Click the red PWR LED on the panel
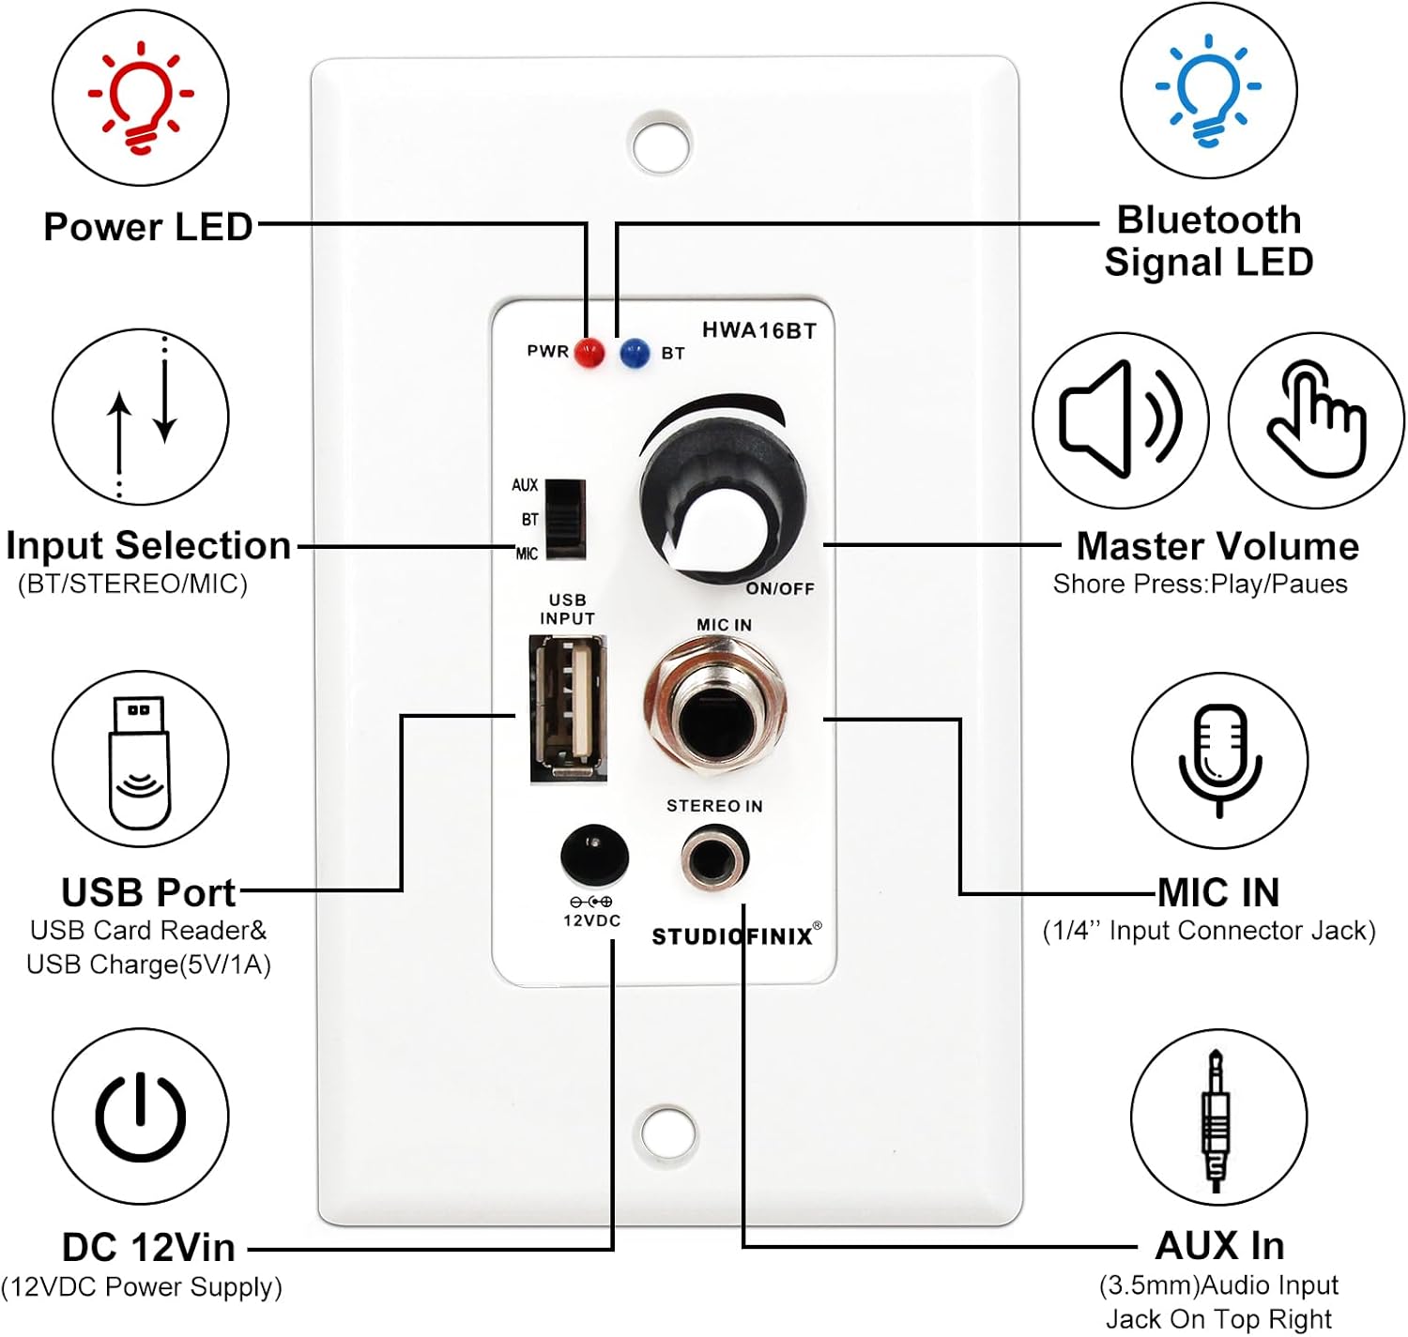tap(589, 353)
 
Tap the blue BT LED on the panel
tap(635, 353)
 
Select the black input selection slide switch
tap(565, 519)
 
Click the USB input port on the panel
tap(568, 707)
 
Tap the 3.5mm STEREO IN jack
tap(714, 858)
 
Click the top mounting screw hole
tap(662, 144)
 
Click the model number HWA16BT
tap(758, 330)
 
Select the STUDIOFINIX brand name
tap(732, 936)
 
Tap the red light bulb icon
tap(141, 97)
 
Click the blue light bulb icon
tap(1208, 90)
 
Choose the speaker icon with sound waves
tap(1120, 419)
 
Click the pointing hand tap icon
tap(1316, 419)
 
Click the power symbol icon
tap(141, 1117)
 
